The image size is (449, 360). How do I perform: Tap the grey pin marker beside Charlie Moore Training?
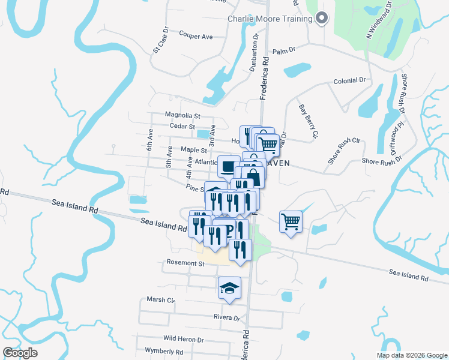(321, 19)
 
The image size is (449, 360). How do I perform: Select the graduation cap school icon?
(229, 288)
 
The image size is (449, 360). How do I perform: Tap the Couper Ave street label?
(196, 37)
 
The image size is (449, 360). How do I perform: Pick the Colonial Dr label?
(349, 80)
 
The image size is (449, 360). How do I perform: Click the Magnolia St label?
(182, 115)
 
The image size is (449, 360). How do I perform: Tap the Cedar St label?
(183, 127)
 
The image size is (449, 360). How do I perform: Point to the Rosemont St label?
(184, 263)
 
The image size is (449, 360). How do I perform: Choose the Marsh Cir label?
(160, 299)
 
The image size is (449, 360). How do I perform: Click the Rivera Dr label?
(226, 317)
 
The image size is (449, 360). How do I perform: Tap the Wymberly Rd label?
(164, 351)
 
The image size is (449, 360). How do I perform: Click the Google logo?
(20, 352)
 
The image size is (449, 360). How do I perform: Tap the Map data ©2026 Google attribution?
(411, 355)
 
